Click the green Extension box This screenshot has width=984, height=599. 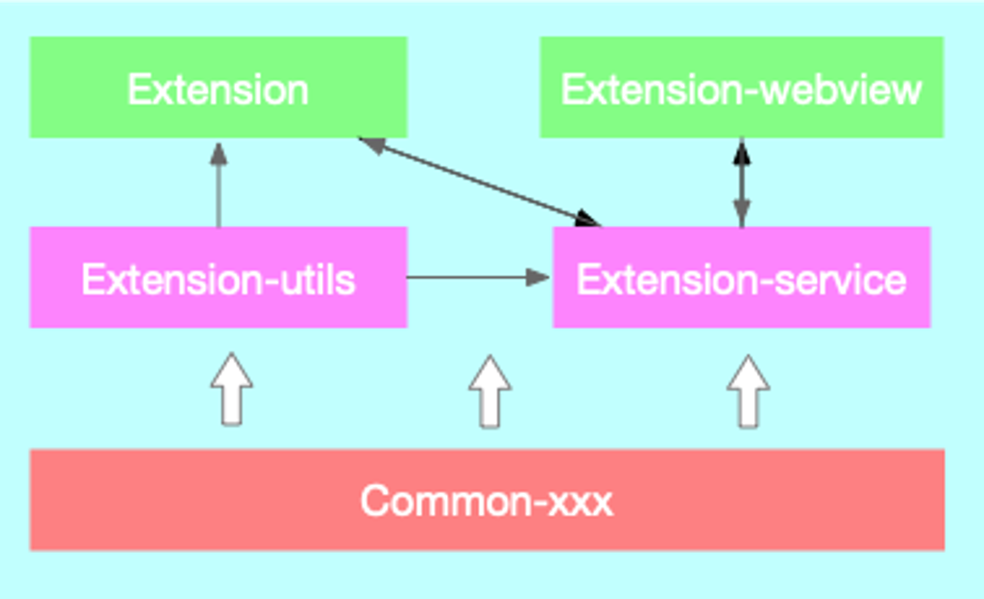(218, 87)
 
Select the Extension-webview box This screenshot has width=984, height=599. (742, 87)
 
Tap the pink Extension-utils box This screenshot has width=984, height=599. (218, 277)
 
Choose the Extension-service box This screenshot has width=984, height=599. (742, 277)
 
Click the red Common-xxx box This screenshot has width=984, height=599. (487, 500)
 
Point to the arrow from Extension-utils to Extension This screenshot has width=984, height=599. (218, 185)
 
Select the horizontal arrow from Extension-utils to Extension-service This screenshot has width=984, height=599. (478, 278)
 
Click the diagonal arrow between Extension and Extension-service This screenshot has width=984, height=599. (480, 182)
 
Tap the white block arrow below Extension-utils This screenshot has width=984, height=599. (232, 389)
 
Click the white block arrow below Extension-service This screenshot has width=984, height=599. (748, 391)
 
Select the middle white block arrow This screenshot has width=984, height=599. (490, 391)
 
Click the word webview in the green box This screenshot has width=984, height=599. (841, 90)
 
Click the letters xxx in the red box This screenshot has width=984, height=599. (581, 503)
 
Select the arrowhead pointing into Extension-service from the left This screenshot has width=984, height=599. (537, 278)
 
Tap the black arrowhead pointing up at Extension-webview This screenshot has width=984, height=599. (742, 152)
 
